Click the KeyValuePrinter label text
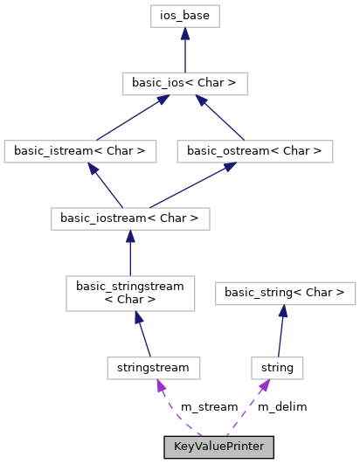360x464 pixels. coord(218,447)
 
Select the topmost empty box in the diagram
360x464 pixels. coord(184,16)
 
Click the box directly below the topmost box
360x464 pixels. coord(184,84)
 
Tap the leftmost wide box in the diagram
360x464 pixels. coord(80,151)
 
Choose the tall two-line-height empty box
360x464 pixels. coord(130,294)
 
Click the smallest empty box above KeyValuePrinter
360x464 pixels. coord(277,369)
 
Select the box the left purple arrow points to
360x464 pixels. coord(154,369)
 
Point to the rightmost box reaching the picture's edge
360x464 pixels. coord(285,294)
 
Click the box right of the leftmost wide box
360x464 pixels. coord(254,151)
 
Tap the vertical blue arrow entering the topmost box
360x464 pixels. coord(184,52)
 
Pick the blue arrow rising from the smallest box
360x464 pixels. coord(280,332)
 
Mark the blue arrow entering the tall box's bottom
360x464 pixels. coord(143,336)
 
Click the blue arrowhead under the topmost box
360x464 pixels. coord(184,34)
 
